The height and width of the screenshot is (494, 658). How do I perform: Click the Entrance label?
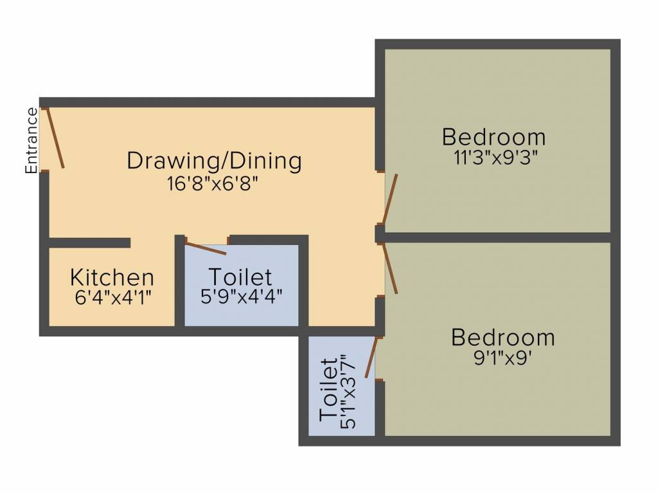(31, 141)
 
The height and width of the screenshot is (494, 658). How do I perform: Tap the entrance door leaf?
(55, 138)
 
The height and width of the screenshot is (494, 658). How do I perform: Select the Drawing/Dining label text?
(214, 160)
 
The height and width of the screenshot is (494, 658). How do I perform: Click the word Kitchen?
(112, 278)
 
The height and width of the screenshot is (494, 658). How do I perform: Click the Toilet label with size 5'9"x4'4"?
(240, 277)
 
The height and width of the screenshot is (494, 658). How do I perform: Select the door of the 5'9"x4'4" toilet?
(206, 248)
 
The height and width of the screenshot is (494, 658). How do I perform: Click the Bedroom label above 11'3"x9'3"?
(493, 137)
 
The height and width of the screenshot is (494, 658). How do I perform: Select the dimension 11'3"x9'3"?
(495, 158)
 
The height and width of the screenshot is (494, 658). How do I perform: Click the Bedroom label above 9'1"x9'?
(502, 337)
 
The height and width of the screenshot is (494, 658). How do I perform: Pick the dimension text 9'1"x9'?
(502, 357)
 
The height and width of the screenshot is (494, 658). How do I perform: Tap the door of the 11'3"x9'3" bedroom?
(390, 199)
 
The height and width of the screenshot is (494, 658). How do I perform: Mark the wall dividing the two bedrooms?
(498, 237)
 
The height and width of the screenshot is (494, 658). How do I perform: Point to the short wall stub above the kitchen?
(90, 242)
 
